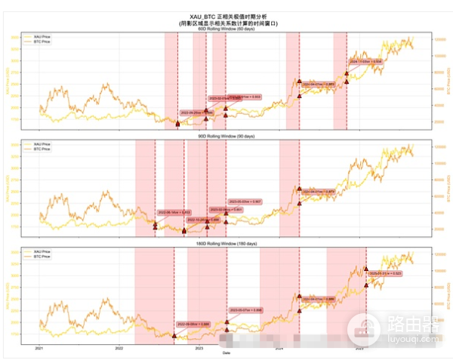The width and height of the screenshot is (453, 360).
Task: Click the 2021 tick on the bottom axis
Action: pos(39,349)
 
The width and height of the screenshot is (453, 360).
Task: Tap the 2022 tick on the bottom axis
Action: pos(119,349)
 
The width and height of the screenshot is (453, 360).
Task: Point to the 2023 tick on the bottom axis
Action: pos(199,349)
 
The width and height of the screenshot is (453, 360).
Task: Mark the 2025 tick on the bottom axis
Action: pos(359,349)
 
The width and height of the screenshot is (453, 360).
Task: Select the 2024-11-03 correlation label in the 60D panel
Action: pos(366,61)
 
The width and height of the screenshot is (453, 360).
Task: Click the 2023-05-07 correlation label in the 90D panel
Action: pos(246,202)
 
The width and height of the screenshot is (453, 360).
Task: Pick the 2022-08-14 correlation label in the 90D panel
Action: pos(174,212)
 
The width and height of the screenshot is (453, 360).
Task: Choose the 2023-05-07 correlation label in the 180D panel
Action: pos(246,309)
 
